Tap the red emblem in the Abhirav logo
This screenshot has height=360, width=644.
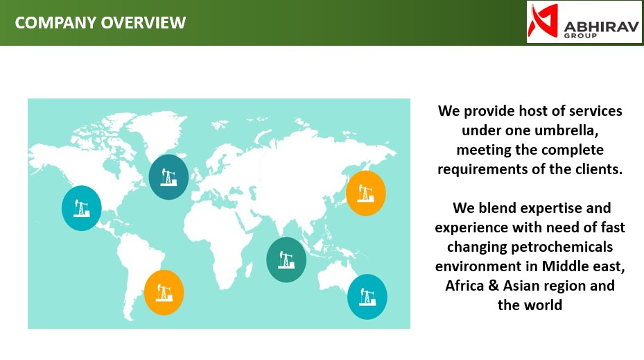click(543, 20)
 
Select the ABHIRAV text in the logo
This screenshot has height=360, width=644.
click(601, 27)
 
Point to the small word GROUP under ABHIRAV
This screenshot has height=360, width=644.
click(580, 36)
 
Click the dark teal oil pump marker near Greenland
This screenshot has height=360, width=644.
click(168, 177)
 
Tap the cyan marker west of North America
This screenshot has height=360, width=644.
click(81, 208)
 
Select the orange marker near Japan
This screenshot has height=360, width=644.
click(365, 193)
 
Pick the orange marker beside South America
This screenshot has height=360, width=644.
click(164, 293)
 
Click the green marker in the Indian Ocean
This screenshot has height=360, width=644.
click(286, 259)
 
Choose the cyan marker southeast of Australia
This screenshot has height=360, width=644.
click(367, 297)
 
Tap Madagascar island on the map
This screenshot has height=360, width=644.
click(248, 270)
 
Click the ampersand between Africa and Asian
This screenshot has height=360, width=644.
click(494, 286)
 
